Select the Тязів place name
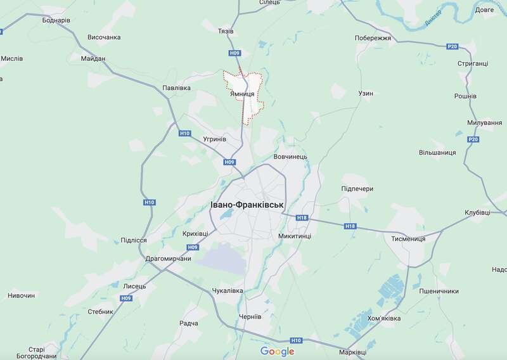[x=226, y=30]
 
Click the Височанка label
[x=104, y=37]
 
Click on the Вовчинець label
[x=290, y=156]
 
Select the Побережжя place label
[x=375, y=37]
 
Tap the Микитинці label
[x=295, y=236]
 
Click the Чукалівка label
[x=227, y=291]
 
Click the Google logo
[x=277, y=351]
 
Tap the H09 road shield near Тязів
[x=235, y=53]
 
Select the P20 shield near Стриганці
[x=452, y=47]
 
